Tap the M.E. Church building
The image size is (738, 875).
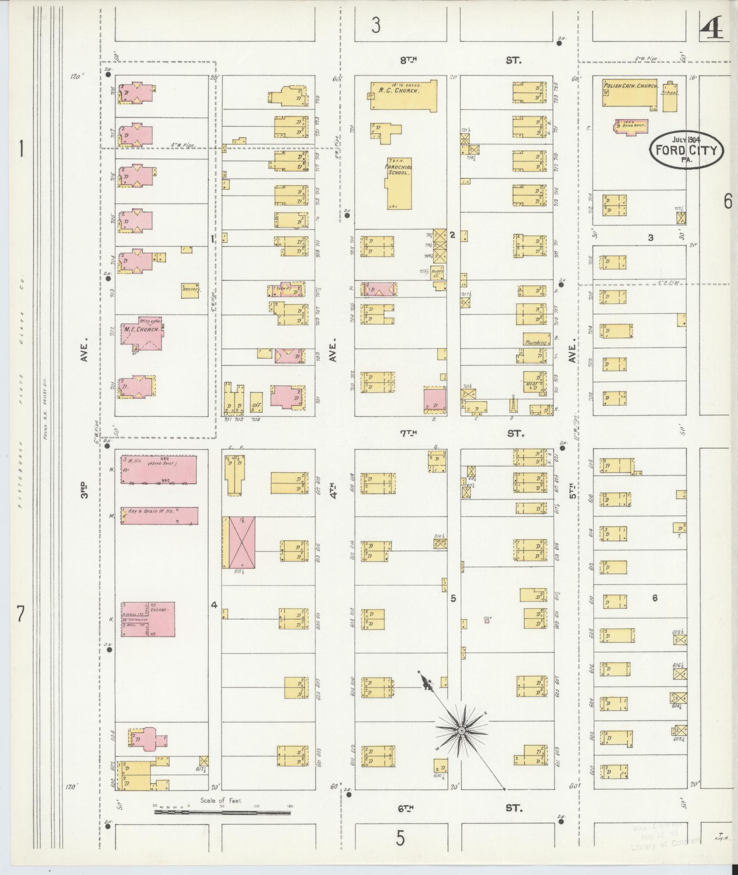point(142,336)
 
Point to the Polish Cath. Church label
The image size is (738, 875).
point(630,86)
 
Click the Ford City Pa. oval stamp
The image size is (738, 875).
point(687,150)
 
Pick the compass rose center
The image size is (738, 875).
point(462,730)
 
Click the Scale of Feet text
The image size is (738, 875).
point(221,800)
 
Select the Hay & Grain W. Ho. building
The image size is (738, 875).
point(159,515)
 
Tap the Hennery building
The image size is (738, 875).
point(190,290)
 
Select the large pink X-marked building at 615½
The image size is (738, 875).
point(242,542)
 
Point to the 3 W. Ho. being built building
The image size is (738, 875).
point(159,469)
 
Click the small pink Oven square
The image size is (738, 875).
point(487,621)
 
